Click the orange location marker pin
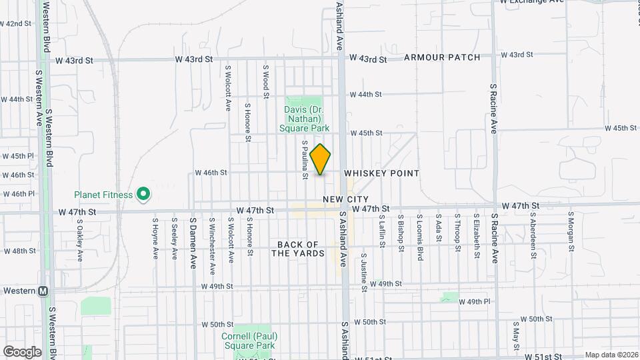tap(321, 159)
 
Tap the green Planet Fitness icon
tap(143, 195)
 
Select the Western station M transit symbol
tap(43, 291)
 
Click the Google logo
tap(22, 351)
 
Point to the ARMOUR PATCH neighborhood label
tap(442, 57)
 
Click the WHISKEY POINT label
tap(382, 173)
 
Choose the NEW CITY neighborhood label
tap(345, 199)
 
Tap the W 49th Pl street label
tap(475, 302)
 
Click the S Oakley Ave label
tap(79, 240)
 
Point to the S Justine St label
tap(364, 272)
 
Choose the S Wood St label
tap(265, 77)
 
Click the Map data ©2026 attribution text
tap(611, 355)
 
